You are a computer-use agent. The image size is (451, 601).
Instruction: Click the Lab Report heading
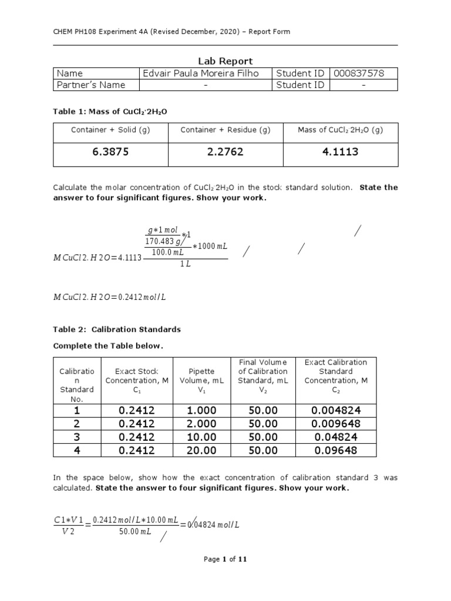click(x=225, y=61)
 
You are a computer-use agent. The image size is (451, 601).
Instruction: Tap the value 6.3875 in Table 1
click(x=110, y=152)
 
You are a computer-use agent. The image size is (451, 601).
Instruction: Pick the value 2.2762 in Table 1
click(x=225, y=152)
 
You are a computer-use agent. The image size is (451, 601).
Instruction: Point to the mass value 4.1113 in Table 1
click(x=340, y=152)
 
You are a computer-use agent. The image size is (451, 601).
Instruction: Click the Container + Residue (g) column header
click(x=225, y=130)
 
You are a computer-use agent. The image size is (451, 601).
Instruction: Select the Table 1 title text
click(x=106, y=111)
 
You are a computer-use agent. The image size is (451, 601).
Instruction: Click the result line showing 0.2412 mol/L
click(x=110, y=297)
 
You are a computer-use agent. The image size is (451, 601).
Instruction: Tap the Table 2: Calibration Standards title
click(x=117, y=329)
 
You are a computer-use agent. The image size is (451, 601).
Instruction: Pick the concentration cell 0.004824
click(x=336, y=411)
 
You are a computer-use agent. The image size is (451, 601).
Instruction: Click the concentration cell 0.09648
click(x=336, y=450)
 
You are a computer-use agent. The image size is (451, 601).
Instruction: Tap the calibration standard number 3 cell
click(x=77, y=437)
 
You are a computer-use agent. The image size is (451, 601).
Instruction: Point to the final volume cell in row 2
click(x=262, y=424)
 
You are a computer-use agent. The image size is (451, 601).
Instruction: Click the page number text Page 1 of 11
click(x=225, y=559)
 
